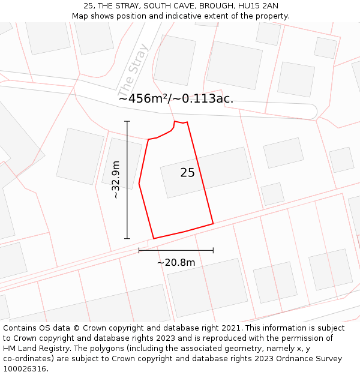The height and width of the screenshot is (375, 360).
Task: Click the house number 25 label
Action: (187, 173)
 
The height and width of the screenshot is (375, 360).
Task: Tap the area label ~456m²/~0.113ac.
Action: (176, 99)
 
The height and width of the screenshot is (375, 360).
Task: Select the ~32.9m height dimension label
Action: (116, 179)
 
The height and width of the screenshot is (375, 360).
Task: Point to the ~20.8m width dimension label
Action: (176, 262)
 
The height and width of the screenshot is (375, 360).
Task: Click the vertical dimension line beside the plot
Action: (127, 180)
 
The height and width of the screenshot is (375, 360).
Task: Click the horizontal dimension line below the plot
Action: (176, 250)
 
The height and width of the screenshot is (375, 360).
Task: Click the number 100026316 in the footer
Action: (25, 369)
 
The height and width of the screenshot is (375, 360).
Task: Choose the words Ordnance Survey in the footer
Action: (314, 359)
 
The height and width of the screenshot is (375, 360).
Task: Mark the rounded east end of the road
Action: (311, 112)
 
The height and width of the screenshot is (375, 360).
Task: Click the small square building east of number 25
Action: (272, 194)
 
